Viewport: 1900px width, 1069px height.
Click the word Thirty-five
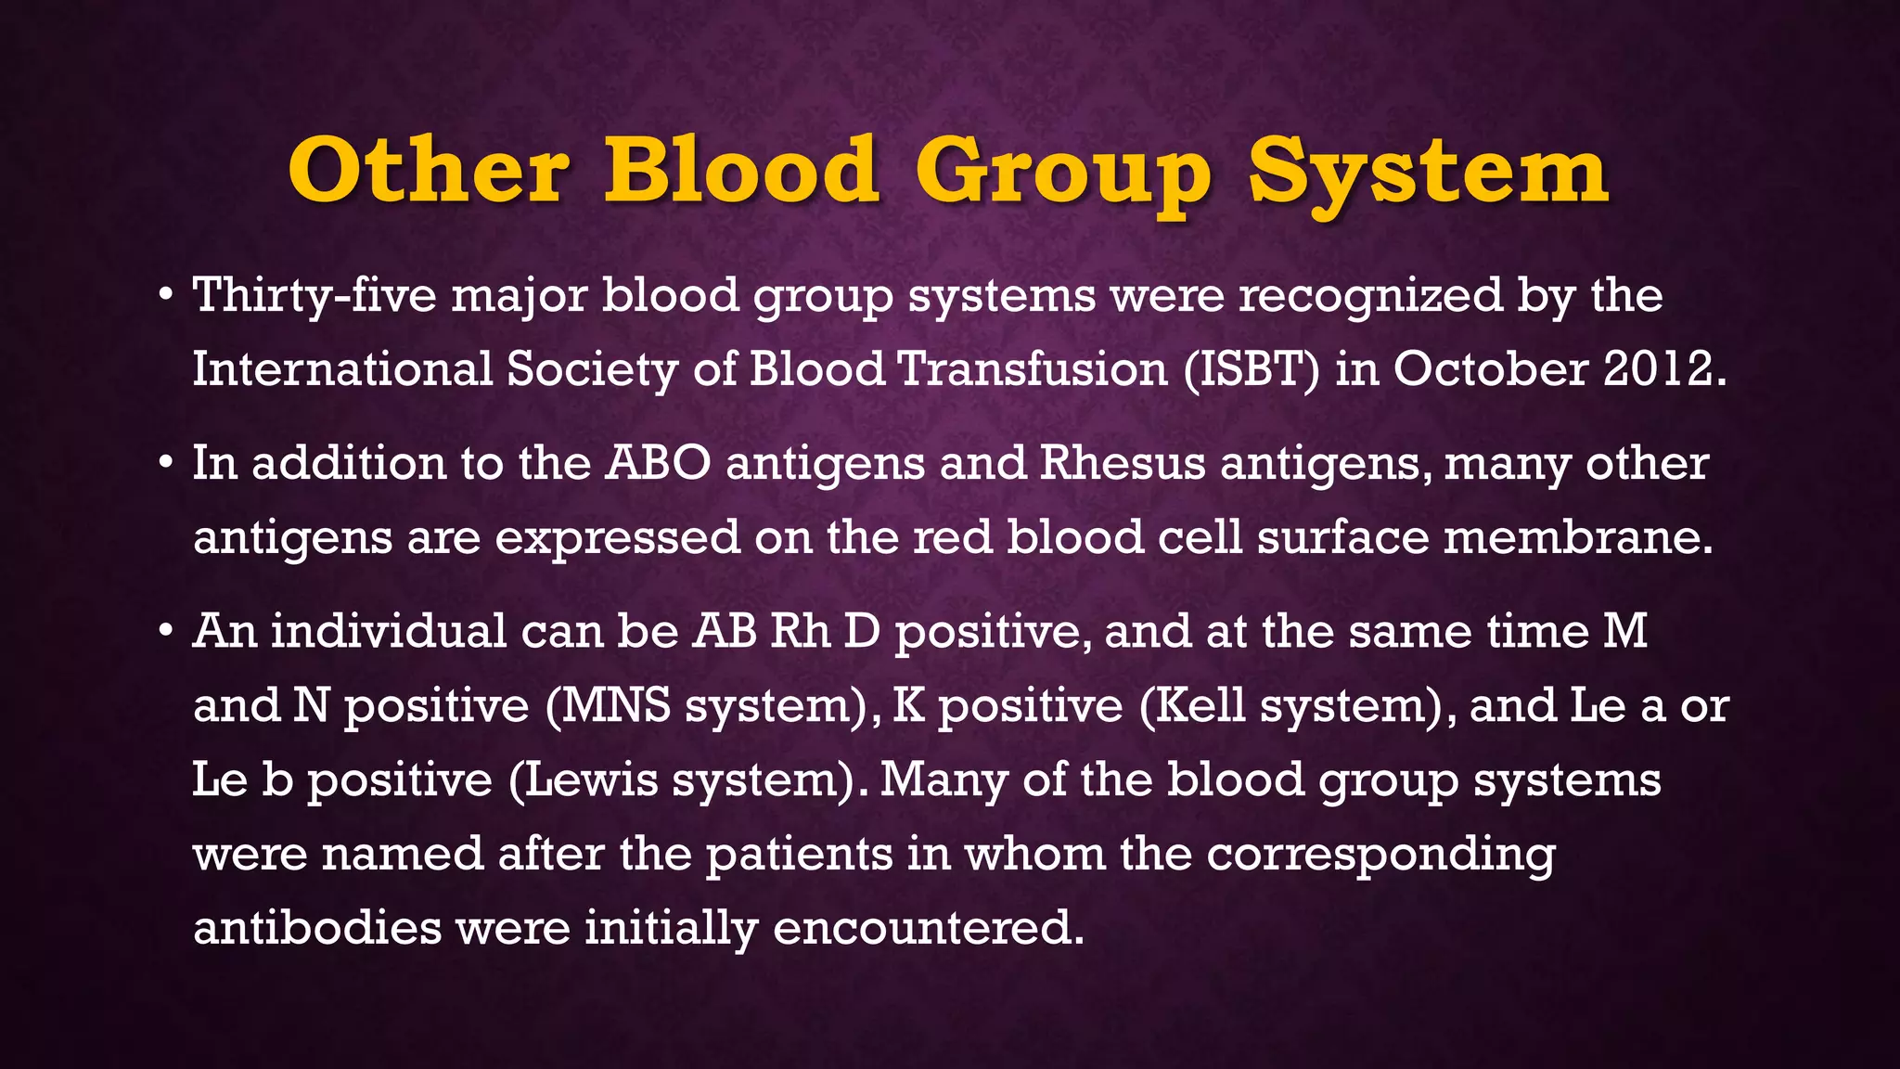tap(314, 297)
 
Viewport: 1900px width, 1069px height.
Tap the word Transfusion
tap(1033, 369)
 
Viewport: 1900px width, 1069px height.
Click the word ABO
tap(658, 463)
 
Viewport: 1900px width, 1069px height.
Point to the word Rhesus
tap(1122, 463)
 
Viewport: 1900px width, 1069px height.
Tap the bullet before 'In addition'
tap(165, 465)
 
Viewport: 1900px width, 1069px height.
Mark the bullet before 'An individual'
tap(165, 632)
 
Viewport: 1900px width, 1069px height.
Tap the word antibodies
tap(317, 928)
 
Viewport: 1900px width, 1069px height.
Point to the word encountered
tap(928, 928)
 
